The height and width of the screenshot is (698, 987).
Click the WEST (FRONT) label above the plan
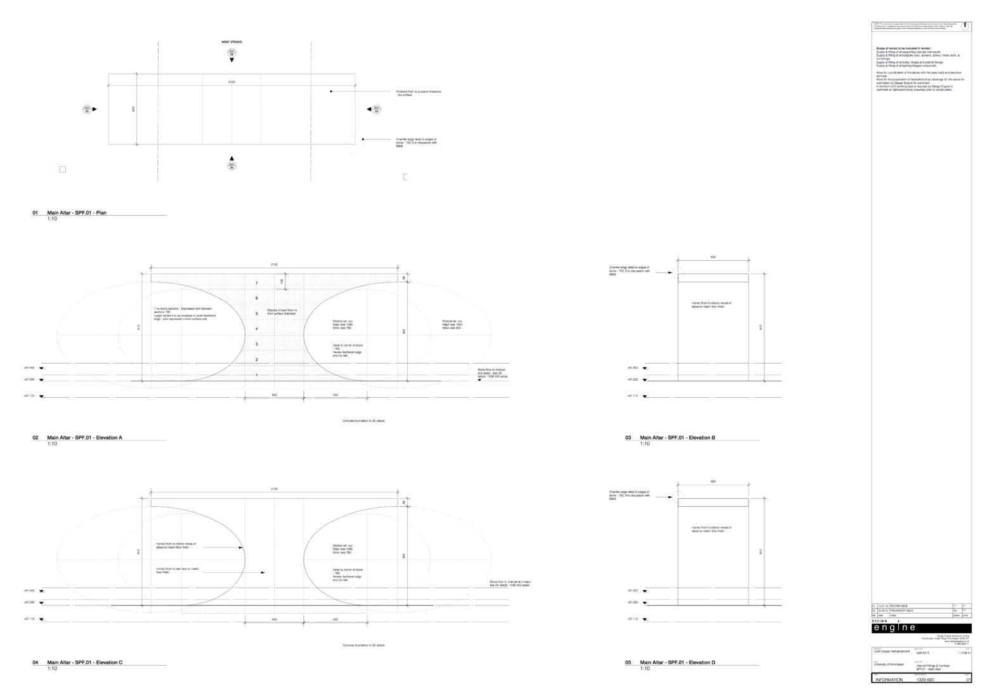[232, 42]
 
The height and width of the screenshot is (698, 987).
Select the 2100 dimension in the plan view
[232, 82]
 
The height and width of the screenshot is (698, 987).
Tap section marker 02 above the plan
[232, 53]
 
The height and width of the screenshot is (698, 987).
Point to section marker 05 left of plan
[87, 109]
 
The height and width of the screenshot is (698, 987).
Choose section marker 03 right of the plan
[376, 109]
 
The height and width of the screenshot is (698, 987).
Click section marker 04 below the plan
[232, 166]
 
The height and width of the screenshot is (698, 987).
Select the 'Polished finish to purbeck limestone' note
[418, 93]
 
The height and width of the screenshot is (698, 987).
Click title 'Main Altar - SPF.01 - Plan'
[77, 213]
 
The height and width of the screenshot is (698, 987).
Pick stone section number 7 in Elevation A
[256, 283]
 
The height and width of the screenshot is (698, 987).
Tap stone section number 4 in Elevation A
[256, 329]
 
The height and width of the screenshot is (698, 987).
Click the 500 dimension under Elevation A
[274, 394]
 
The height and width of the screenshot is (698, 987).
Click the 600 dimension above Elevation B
[713, 257]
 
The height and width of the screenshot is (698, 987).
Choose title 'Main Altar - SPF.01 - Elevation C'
[84, 662]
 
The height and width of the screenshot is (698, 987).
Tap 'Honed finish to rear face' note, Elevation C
[178, 571]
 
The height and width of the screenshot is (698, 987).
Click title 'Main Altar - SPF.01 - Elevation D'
[677, 662]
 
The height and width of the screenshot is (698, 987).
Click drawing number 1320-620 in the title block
[925, 680]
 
